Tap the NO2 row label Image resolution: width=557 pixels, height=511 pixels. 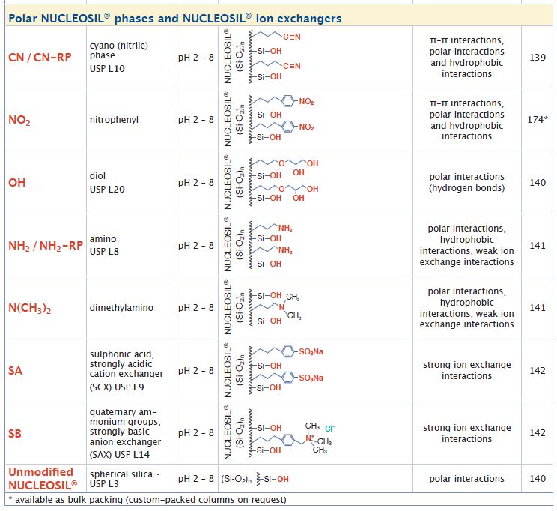(19, 120)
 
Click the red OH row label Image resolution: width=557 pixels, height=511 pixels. (17, 183)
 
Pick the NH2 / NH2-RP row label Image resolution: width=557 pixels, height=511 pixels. (45, 246)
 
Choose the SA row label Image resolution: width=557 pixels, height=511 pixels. (15, 371)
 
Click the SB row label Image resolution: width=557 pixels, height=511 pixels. (15, 433)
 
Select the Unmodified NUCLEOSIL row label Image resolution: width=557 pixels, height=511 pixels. (43, 477)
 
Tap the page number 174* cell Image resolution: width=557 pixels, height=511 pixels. (538, 120)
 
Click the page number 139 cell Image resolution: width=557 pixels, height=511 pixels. (538, 57)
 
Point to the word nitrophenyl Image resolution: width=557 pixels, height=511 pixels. (113, 120)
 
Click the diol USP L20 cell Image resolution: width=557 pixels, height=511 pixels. (107, 183)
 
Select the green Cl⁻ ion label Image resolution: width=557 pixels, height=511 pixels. (330, 428)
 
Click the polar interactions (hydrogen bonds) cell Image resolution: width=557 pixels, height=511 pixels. (466, 183)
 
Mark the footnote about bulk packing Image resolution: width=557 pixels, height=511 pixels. (147, 500)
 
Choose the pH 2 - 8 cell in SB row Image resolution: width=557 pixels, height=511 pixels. (195, 433)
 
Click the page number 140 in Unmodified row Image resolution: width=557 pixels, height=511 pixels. (538, 478)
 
